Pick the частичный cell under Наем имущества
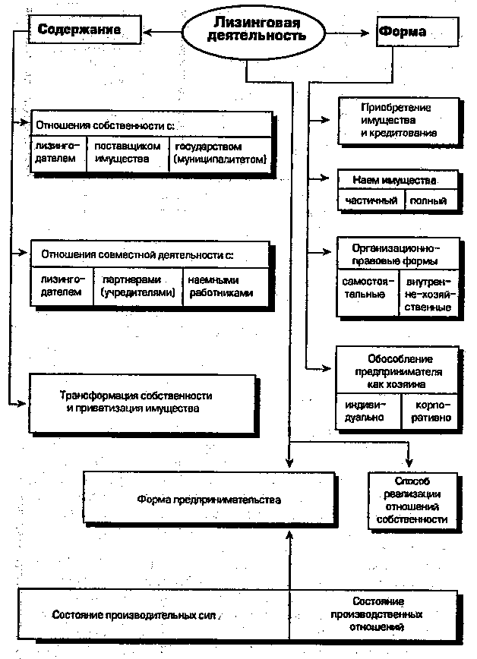click(x=371, y=200)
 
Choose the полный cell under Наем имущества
click(x=431, y=200)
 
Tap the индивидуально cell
click(x=365, y=411)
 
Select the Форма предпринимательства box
click(x=209, y=500)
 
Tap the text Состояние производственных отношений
click(x=387, y=613)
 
